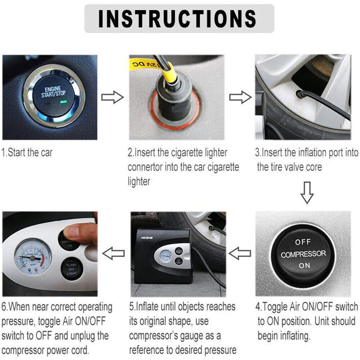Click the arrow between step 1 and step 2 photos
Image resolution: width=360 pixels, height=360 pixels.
pyautogui.click(x=112, y=97)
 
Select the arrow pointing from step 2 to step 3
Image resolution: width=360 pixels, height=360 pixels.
pyautogui.click(x=240, y=97)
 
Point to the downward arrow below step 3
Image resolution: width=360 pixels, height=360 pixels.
pyautogui.click(x=307, y=193)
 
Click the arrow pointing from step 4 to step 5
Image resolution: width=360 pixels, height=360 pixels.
pyautogui.click(x=240, y=253)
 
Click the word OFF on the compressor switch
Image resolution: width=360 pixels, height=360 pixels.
pyautogui.click(x=304, y=242)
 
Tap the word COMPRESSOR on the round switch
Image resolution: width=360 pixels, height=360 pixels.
pyautogui.click(x=304, y=254)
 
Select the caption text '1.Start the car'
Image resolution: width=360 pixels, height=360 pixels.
pyautogui.click(x=28, y=152)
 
